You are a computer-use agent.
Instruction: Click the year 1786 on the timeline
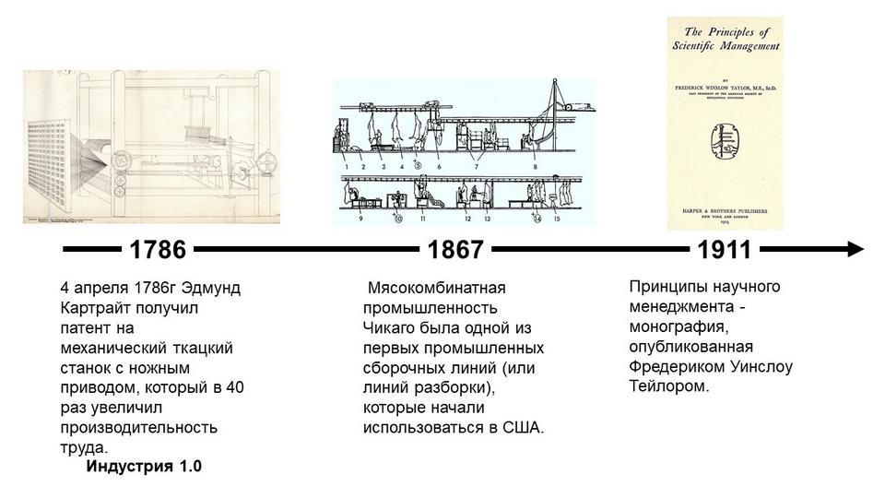(x=158, y=250)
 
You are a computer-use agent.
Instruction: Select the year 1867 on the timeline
(x=455, y=250)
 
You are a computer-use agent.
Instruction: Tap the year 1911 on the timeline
(x=724, y=250)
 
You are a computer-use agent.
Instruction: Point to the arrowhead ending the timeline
(x=855, y=249)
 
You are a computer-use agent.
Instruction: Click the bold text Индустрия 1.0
(x=144, y=467)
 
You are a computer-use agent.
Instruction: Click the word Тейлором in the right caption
(x=669, y=386)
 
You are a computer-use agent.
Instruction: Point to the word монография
(x=669, y=326)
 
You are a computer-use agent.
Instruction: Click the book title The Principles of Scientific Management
(x=725, y=39)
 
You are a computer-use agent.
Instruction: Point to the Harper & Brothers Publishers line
(x=725, y=211)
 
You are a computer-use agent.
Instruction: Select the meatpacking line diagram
(x=464, y=152)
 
